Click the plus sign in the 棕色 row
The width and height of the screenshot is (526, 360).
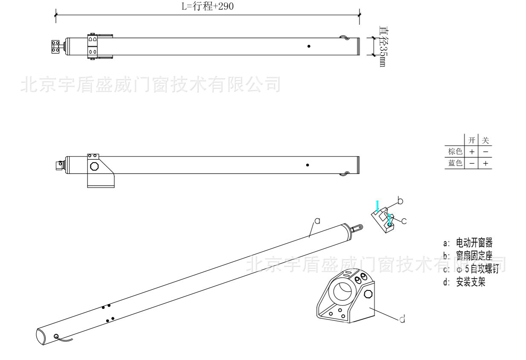coord(471,152)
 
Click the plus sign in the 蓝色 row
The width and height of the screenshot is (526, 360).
coord(485,163)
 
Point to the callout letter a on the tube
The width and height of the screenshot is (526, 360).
coord(317,220)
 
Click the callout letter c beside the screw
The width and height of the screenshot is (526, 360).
coord(404,221)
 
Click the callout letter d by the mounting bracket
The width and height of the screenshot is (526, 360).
coord(402,319)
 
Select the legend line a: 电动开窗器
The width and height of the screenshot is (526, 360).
coord(468,244)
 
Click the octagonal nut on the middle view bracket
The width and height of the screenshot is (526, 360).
coord(94,165)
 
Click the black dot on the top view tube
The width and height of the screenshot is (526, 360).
coord(309,46)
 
